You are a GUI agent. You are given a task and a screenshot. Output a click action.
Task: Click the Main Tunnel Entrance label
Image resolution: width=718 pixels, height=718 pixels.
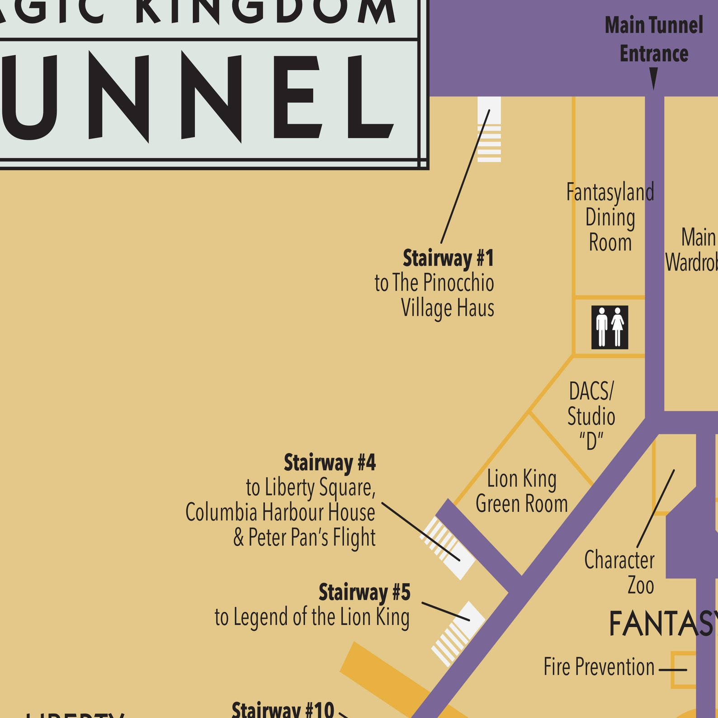[654, 39]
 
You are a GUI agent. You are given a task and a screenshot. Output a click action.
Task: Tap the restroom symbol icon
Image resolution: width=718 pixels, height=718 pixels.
[609, 327]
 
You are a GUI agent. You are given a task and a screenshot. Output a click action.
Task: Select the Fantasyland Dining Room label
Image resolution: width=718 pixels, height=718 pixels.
[610, 217]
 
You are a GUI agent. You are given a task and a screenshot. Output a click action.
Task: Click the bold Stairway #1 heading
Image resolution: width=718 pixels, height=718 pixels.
[448, 258]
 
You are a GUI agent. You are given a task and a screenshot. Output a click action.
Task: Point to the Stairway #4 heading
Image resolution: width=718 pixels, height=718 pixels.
[330, 463]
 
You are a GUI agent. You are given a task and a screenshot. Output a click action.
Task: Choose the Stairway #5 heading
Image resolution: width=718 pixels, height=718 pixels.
[364, 592]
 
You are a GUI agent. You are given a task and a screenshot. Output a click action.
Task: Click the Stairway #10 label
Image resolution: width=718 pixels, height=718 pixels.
[283, 709]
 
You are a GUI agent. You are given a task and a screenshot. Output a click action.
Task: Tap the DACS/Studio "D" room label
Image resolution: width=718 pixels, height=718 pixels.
[591, 416]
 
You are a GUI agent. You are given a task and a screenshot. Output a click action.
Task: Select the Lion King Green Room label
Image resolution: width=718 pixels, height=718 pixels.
[522, 491]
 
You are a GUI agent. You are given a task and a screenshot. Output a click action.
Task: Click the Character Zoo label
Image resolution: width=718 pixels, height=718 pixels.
[619, 572]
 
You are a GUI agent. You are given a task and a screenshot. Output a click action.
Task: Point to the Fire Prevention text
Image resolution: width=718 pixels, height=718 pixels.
[599, 667]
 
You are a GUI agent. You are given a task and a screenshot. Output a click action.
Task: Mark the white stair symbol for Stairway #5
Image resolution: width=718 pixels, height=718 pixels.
[458, 633]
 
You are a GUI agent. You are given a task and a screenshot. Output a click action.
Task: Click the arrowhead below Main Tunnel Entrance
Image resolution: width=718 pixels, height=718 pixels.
[653, 78]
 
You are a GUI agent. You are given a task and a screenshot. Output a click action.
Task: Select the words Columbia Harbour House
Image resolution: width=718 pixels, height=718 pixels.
[280, 512]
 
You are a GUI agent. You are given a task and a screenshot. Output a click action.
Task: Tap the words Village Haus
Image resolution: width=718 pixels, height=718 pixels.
[447, 308]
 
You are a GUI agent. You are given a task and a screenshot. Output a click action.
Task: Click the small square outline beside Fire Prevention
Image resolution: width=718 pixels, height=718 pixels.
[683, 670]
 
